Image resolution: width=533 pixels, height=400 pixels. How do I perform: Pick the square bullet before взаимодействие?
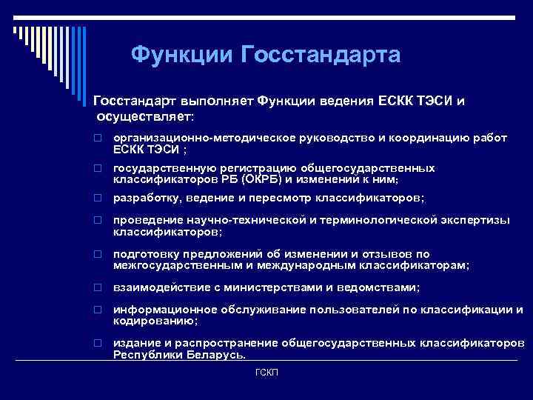[x=96, y=287]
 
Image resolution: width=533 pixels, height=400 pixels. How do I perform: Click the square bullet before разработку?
[x=96, y=199]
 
